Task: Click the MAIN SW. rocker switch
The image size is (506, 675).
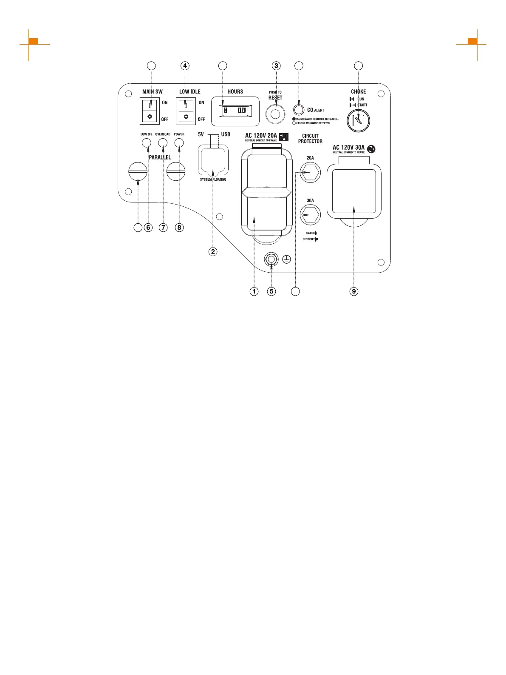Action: [x=149, y=111]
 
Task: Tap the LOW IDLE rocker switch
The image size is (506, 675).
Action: [x=186, y=111]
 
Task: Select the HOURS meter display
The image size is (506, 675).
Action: [x=235, y=111]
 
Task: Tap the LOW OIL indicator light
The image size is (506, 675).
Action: [x=147, y=143]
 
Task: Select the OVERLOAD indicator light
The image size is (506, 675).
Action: [x=163, y=143]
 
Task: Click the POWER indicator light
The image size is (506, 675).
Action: [x=179, y=143]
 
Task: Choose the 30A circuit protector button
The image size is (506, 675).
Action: [x=310, y=215]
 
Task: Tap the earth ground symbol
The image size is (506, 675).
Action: [x=287, y=259]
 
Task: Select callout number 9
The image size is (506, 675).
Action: [x=354, y=291]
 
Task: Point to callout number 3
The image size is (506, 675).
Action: [x=277, y=66]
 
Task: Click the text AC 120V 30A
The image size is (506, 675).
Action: [x=348, y=148]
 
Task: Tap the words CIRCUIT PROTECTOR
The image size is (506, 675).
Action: [x=310, y=139]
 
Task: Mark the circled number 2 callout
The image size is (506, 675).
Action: [x=213, y=251]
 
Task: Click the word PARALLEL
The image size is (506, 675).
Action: [x=160, y=157]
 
